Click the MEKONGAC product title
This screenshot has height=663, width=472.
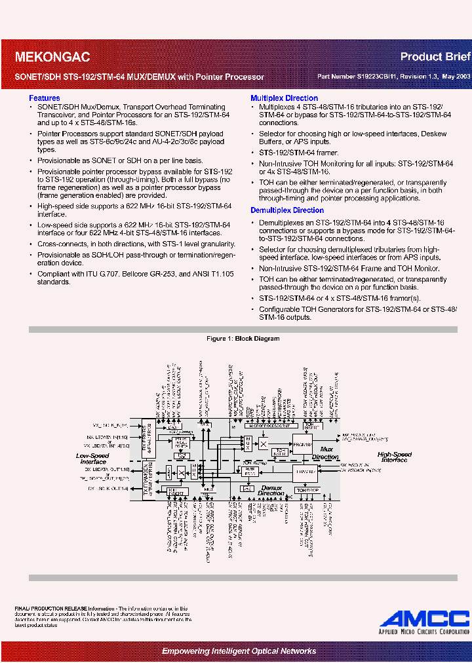[x=52, y=58]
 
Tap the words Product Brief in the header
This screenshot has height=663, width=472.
[x=435, y=57]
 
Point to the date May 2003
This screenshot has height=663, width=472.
[x=455, y=77]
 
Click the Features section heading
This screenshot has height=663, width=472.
[x=45, y=98]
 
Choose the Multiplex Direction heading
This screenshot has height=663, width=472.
[x=284, y=98]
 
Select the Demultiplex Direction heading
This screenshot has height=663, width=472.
[x=287, y=210]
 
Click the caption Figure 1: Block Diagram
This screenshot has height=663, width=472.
[x=243, y=339]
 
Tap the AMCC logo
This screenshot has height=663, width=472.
[x=424, y=619]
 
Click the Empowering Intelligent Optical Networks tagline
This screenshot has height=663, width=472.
[x=239, y=651]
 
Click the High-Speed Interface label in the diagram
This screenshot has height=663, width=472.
[x=394, y=457]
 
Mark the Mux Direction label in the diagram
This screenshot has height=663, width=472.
[x=325, y=454]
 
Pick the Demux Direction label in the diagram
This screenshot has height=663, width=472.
[x=270, y=491]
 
